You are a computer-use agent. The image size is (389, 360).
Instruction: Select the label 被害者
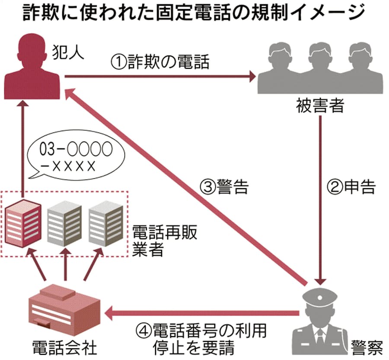pos(320,105)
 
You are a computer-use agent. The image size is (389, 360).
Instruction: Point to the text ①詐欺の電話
pos(160,62)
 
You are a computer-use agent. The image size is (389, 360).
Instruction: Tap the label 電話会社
pos(64,346)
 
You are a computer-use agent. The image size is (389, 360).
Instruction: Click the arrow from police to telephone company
pos(203,312)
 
